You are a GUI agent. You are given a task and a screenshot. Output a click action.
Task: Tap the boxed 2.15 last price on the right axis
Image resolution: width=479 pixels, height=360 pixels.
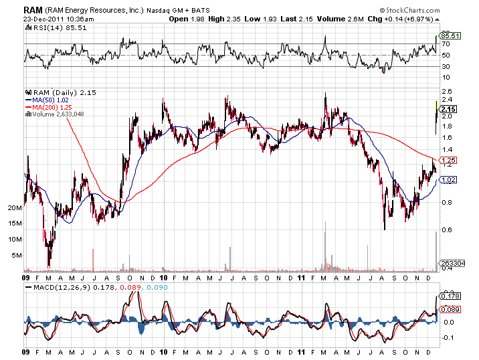click(x=450, y=109)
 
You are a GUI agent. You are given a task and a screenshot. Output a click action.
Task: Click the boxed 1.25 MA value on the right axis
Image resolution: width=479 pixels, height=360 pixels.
click(x=449, y=161)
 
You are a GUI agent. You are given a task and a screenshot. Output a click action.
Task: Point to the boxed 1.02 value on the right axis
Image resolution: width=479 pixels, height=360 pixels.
click(x=449, y=179)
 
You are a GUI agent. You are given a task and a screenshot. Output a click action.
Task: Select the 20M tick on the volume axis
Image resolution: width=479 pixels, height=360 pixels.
click(x=15, y=208)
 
